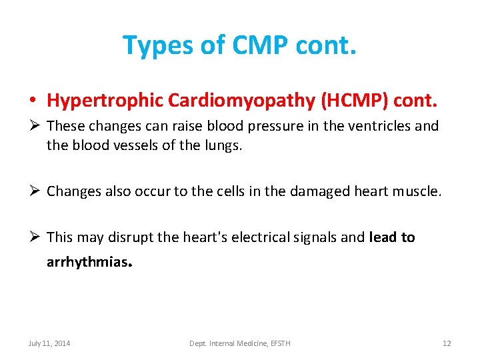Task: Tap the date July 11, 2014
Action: point(49,343)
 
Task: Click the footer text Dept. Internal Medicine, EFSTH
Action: point(239,343)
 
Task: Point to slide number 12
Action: point(447,343)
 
